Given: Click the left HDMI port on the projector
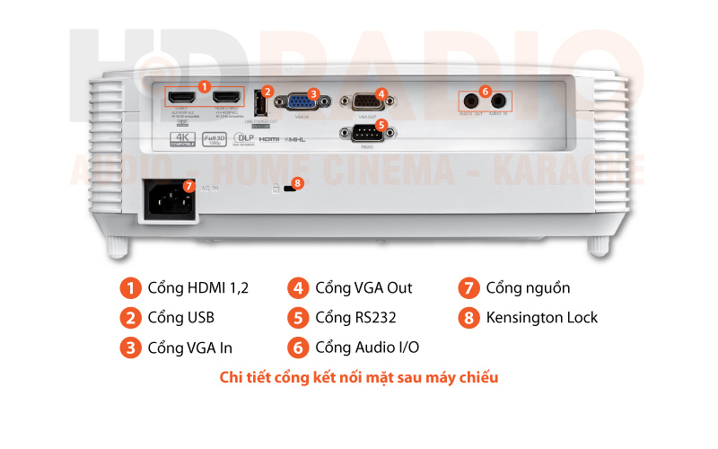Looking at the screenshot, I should point(180,97).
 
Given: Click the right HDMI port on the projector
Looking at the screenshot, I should point(228,97).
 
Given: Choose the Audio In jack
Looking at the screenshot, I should point(500,101).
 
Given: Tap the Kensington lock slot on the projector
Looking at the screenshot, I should point(290,189).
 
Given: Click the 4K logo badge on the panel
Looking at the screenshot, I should point(182,139).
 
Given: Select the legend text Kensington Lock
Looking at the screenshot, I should point(541,317).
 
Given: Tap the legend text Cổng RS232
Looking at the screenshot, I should point(355,317).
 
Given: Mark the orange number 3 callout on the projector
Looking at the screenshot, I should point(312,92).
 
